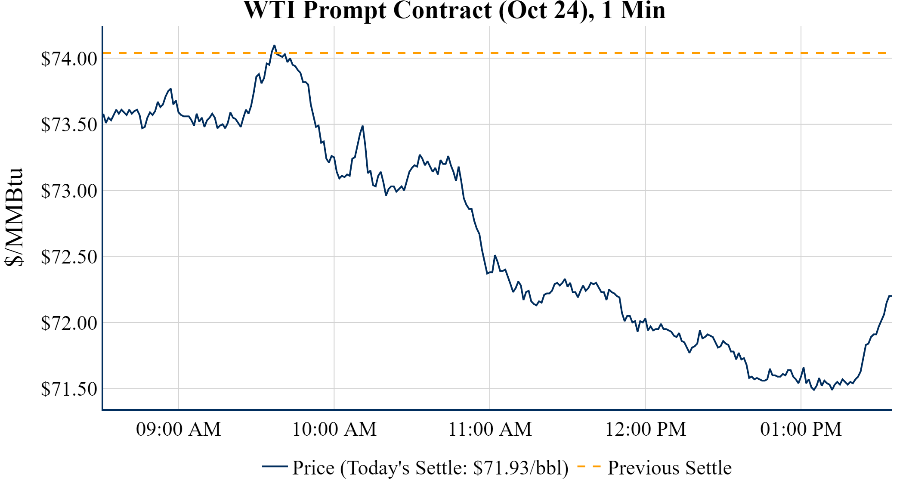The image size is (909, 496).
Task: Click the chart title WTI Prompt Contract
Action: click(454, 10)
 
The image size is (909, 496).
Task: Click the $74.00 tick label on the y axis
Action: click(69, 59)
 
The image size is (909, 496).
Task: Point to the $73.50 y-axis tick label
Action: click(69, 125)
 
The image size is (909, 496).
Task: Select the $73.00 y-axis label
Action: click(69, 191)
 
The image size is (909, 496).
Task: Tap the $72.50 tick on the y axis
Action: click(69, 257)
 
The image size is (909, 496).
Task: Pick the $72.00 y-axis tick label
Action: click(69, 323)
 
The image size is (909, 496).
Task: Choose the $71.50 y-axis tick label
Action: click(69, 389)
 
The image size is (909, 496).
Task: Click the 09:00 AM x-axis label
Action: click(179, 429)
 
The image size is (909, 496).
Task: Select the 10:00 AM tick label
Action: click(334, 429)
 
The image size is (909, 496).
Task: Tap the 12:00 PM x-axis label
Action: click(646, 429)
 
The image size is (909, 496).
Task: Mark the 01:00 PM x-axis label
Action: click(801, 429)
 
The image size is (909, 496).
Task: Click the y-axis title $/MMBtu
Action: click(14, 217)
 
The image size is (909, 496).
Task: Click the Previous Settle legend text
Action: click(669, 468)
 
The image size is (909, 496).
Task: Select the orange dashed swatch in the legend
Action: click(588, 466)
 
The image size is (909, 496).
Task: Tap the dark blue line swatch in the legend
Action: click(275, 466)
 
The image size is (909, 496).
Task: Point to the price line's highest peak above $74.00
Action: click(274, 45)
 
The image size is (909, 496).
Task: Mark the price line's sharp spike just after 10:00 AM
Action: click(363, 126)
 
